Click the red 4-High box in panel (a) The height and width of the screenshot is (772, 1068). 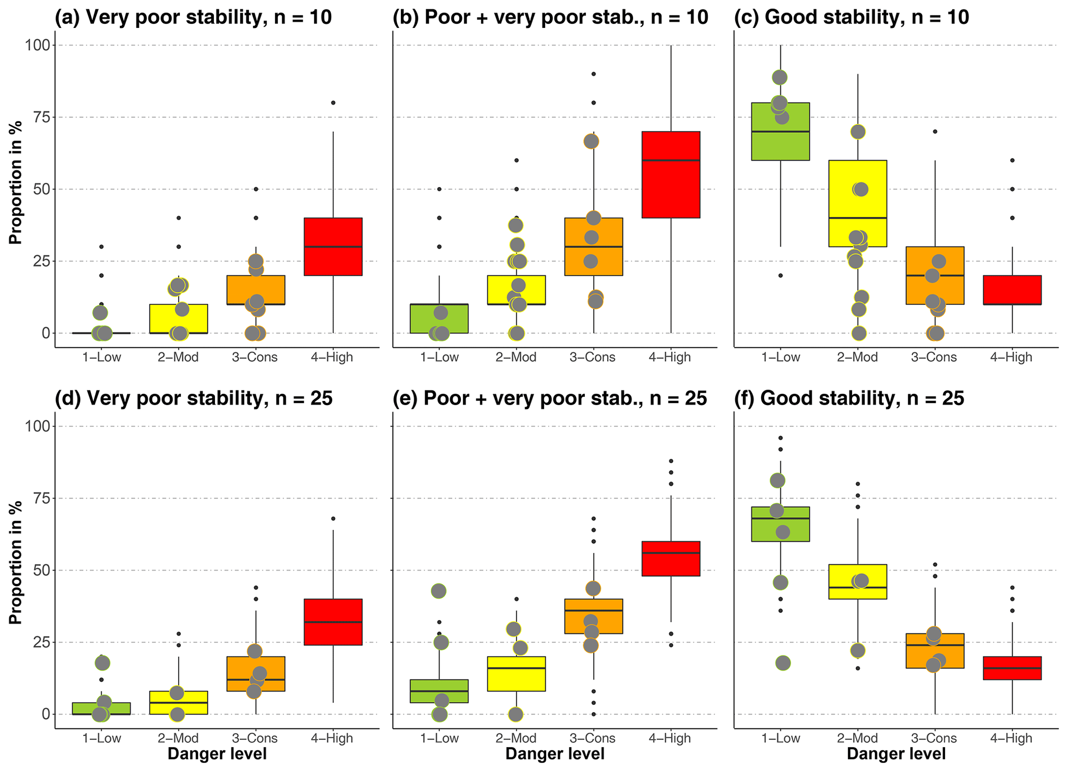(333, 246)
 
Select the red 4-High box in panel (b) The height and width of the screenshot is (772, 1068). (671, 175)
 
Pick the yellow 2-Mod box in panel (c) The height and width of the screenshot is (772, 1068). (858, 203)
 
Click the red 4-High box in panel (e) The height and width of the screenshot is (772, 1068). (671, 559)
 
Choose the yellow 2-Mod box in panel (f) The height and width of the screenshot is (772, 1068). (858, 581)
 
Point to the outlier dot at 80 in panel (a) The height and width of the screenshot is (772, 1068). (333, 103)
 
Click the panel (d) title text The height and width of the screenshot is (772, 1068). (194, 398)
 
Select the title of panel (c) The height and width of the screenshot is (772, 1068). (852, 18)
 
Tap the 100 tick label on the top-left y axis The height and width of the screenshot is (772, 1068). (38, 45)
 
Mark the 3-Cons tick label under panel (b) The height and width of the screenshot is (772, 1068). (593, 357)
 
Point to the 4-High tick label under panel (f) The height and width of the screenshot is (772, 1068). (1011, 738)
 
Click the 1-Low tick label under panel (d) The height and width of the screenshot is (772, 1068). (102, 738)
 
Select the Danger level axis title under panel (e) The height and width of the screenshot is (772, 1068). (554, 754)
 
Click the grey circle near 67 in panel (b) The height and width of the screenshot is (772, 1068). (591, 141)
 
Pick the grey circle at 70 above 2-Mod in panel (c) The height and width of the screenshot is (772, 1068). (858, 132)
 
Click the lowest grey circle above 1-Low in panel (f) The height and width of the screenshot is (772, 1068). (783, 663)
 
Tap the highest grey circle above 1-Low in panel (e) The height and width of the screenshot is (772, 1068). (439, 591)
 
